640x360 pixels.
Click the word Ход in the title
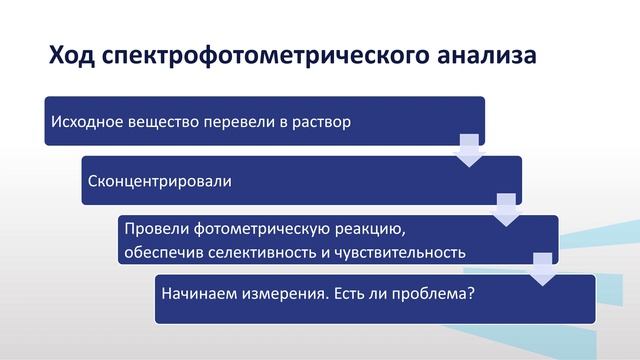tap(71, 56)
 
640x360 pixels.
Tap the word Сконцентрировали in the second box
tap(160, 182)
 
